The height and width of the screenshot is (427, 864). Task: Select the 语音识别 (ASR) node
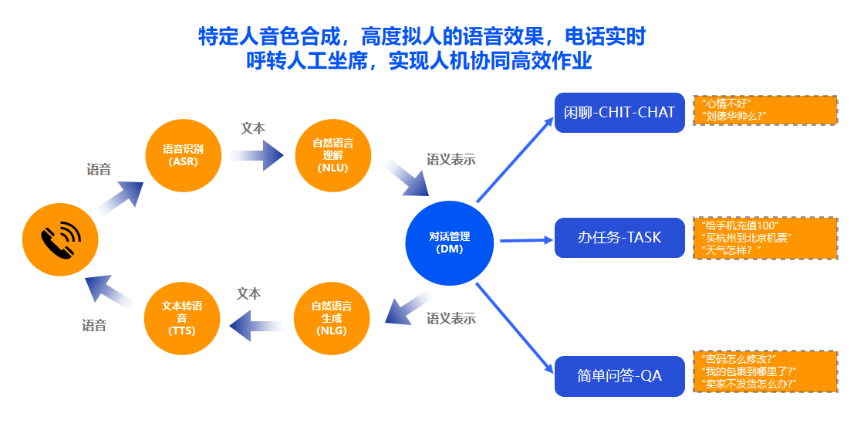tap(183, 155)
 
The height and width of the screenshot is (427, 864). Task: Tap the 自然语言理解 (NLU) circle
tap(332, 155)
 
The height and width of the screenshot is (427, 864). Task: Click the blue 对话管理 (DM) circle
tap(449, 242)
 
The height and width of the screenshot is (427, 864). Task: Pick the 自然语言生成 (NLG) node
tap(332, 318)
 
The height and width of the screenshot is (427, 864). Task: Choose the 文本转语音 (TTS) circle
tap(182, 318)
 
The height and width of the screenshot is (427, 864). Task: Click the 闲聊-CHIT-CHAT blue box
tap(619, 113)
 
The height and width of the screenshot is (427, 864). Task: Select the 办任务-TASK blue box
tap(619, 238)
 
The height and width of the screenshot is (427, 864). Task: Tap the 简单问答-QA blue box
tap(619, 376)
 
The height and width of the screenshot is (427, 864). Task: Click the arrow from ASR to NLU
tap(257, 155)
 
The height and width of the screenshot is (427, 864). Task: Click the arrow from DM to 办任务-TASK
tap(526, 240)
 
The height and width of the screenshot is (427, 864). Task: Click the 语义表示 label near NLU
tap(451, 160)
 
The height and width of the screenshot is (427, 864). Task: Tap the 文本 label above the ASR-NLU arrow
tap(253, 128)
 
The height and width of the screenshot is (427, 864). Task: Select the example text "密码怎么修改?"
tap(740, 358)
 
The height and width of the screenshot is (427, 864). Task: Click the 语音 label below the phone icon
tap(94, 326)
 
